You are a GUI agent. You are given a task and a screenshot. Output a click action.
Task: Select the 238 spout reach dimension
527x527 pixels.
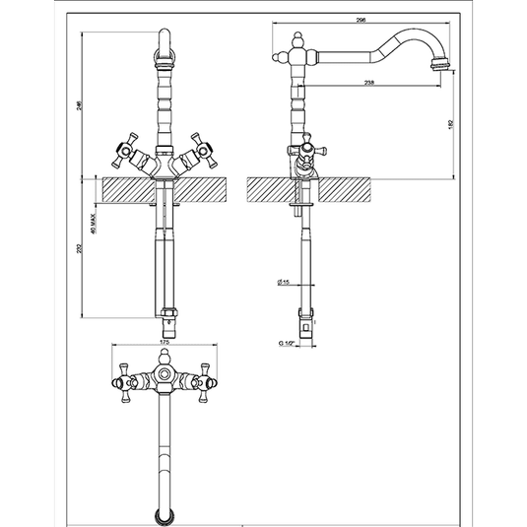[x=367, y=83]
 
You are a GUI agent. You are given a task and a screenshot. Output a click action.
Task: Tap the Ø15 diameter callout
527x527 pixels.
[x=283, y=282]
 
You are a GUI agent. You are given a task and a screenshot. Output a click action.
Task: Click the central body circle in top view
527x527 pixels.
[x=165, y=375]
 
